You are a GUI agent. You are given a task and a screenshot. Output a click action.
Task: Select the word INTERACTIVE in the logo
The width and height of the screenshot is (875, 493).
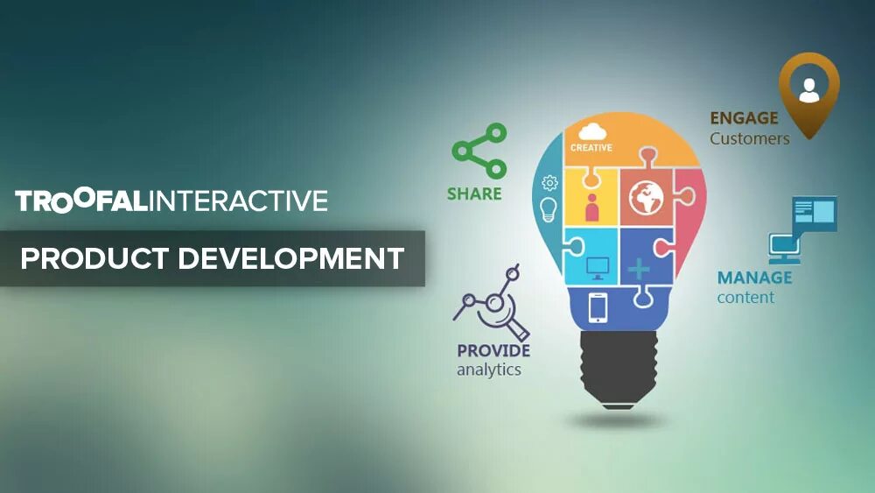click(x=238, y=201)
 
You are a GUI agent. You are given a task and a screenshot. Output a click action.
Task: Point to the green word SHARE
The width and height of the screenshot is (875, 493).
click(x=474, y=194)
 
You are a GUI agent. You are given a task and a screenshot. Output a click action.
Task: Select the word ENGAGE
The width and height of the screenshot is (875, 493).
click(x=744, y=118)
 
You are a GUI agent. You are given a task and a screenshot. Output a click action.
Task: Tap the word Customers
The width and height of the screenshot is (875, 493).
click(x=750, y=138)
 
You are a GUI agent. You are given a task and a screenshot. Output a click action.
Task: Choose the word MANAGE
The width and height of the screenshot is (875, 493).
click(x=754, y=278)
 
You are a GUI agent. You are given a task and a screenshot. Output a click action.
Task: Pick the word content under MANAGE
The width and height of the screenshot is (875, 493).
click(x=745, y=298)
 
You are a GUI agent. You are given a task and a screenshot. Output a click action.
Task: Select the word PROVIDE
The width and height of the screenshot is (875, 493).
click(x=493, y=351)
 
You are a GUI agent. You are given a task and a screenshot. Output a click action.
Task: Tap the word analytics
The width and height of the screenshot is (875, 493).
click(x=488, y=370)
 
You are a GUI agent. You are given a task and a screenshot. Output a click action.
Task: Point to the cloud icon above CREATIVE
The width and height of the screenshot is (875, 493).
click(x=591, y=132)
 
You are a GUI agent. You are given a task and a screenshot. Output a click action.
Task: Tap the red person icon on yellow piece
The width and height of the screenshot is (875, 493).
click(x=592, y=208)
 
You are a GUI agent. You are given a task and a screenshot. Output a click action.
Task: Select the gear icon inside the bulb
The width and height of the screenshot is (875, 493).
click(x=549, y=183)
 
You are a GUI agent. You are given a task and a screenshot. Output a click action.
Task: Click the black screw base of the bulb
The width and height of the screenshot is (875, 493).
click(x=618, y=368)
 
